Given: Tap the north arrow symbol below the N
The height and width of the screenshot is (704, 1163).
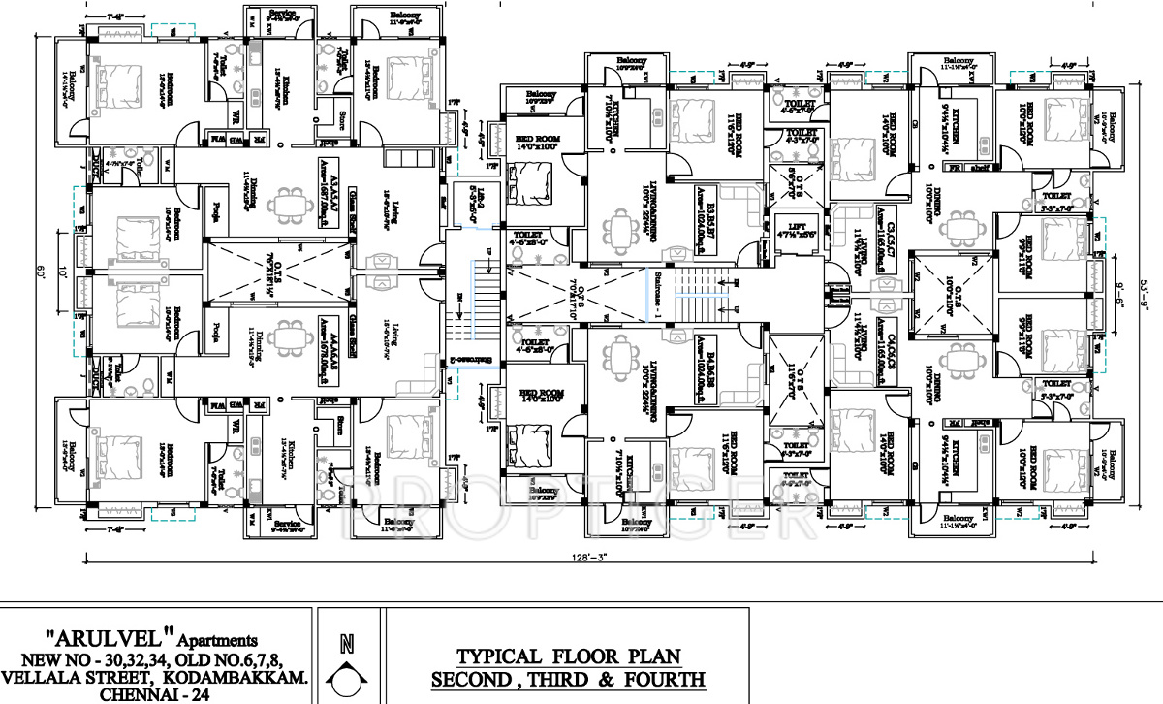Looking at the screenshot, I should tap(347, 678).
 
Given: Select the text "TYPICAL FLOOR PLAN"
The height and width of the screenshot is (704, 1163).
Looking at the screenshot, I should tap(567, 655).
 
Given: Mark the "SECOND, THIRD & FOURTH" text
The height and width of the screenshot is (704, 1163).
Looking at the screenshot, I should tap(568, 678).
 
